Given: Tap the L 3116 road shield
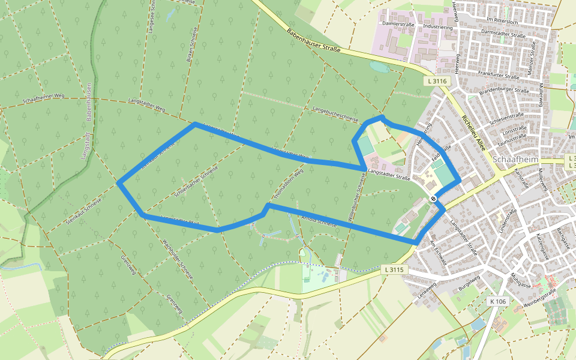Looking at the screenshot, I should (437, 81).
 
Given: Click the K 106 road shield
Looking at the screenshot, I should (499, 301).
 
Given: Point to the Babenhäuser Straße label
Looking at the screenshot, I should (313, 41).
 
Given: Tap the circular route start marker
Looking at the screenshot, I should (433, 199).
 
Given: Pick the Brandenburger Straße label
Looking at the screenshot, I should (503, 91).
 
